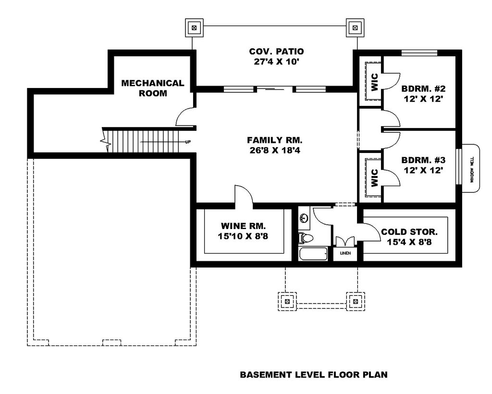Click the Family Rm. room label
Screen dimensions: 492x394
pos(274,145)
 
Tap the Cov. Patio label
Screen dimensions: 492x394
pos(276,56)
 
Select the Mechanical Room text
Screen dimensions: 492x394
pos(153,88)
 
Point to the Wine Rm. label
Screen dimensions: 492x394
pos(243,231)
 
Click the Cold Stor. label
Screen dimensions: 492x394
pos(409,237)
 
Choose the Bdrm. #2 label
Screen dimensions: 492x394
pos(423,94)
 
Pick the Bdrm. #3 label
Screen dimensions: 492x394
pos(423,165)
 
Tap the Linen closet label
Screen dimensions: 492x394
pos(345,253)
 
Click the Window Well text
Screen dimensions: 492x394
pos(472,170)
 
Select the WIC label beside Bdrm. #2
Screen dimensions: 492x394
pos(375,82)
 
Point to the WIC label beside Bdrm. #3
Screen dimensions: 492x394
pos(375,178)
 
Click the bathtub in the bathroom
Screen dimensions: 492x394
pos(313,254)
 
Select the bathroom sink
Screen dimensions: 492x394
pos(304,217)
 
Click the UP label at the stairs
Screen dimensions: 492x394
pos(188,142)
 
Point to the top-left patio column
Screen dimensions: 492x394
pos(194,27)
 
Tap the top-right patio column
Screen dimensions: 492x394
pos(355,27)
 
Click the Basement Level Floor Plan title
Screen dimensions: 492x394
pos(314,375)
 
